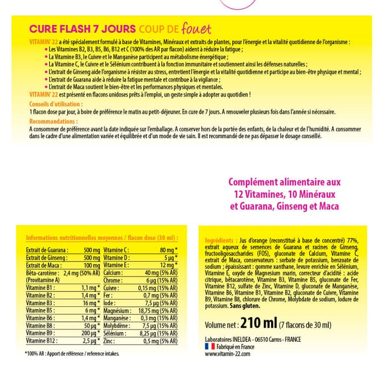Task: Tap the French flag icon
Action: click(x=210, y=346)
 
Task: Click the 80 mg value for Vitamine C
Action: click(x=167, y=250)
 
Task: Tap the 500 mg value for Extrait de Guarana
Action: click(x=90, y=250)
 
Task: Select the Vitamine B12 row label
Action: click(x=41, y=341)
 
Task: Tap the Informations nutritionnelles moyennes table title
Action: click(x=102, y=238)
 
